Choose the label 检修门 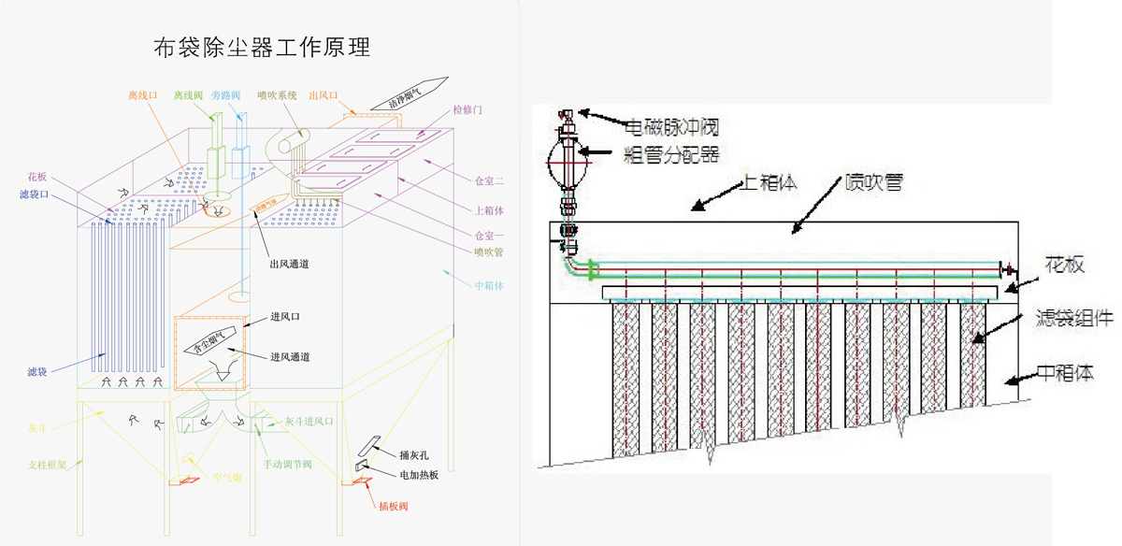[x=467, y=109]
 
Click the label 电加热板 [x=418, y=475]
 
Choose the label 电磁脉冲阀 [x=671, y=124]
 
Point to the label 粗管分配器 [x=671, y=151]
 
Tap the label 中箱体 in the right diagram [x=1067, y=372]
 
